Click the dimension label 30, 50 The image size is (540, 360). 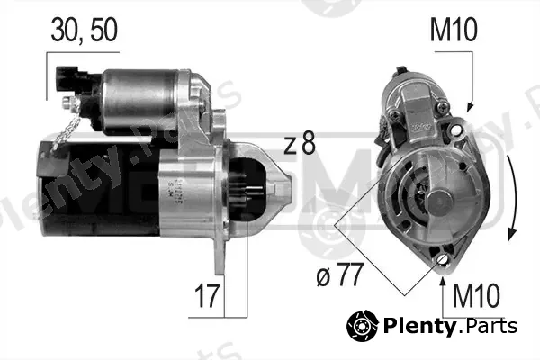pyautogui.click(x=85, y=31)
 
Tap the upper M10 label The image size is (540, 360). pyautogui.click(x=454, y=30)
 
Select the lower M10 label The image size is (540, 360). pyautogui.click(x=476, y=295)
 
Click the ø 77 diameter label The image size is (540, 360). pyautogui.click(x=339, y=274)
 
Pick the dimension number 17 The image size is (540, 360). pyautogui.click(x=207, y=295)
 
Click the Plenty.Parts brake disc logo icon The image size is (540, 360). pyautogui.click(x=363, y=326)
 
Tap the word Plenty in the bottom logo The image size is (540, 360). pyautogui.click(x=419, y=326)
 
